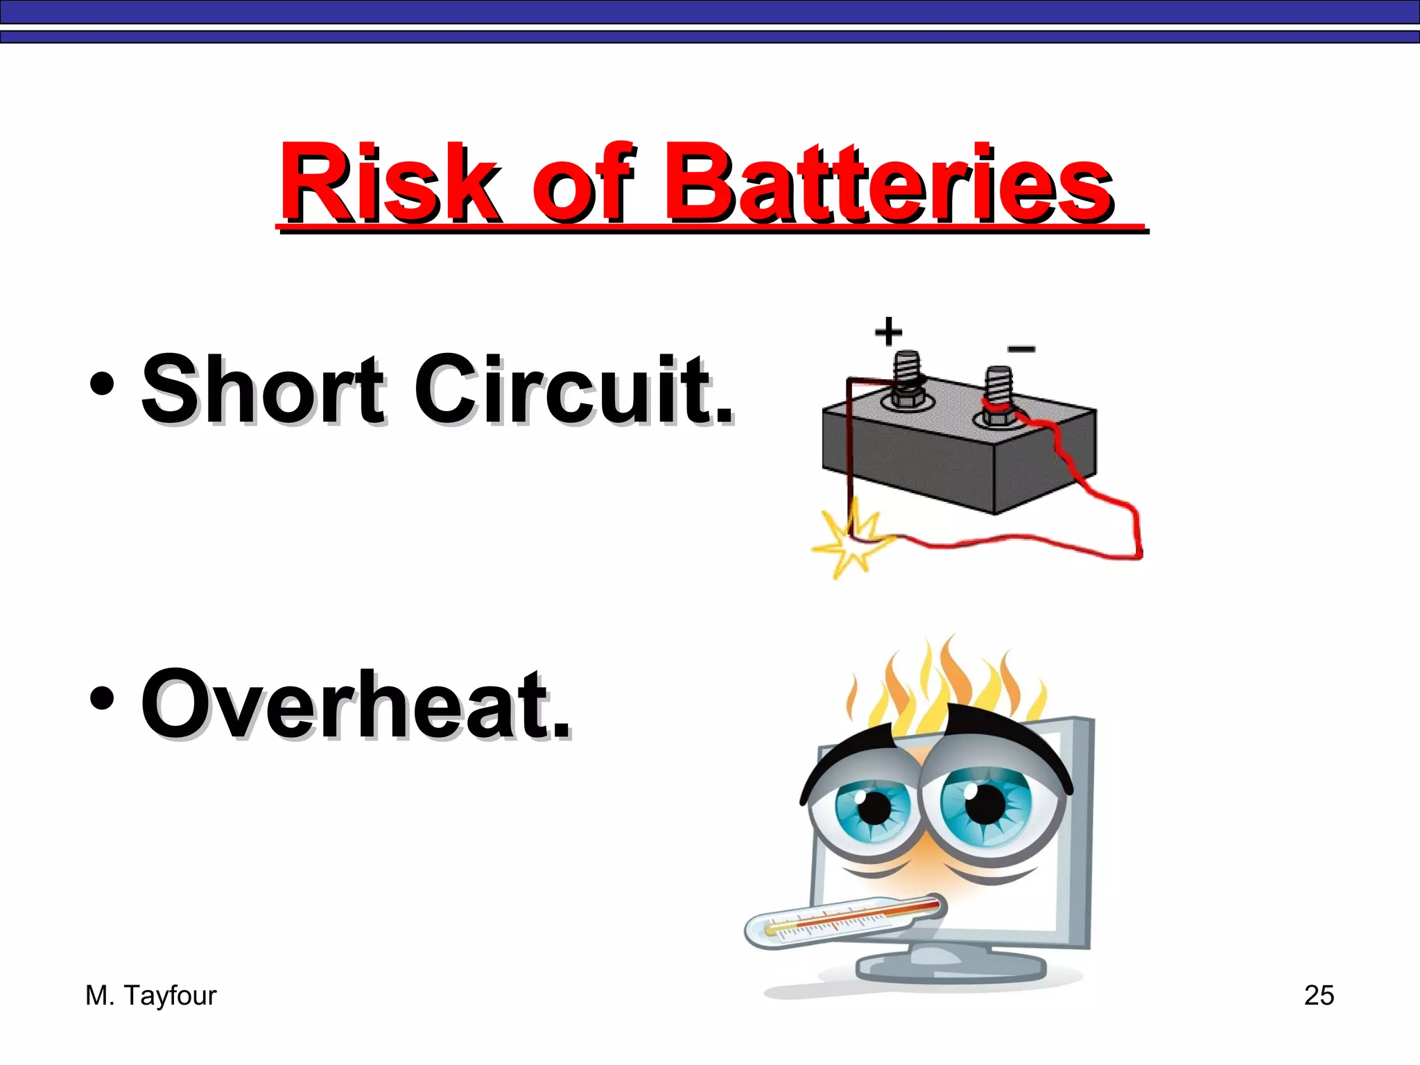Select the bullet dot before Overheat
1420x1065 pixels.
pos(102,699)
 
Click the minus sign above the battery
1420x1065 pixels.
pos(1021,349)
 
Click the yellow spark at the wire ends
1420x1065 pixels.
pos(851,544)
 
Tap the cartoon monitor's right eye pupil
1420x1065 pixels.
pos(985,804)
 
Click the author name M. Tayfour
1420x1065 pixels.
pos(150,996)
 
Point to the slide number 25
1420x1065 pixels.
pos(1319,996)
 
